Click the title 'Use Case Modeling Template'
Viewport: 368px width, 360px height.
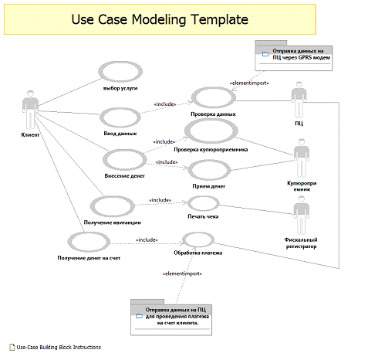tap(160, 18)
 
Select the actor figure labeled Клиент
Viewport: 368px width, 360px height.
tap(30, 110)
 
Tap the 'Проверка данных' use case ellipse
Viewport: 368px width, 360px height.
tap(214, 97)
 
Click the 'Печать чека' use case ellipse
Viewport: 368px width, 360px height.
tap(204, 203)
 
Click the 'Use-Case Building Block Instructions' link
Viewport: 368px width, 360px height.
tap(59, 347)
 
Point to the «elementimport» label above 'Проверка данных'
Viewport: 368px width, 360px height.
tap(248, 83)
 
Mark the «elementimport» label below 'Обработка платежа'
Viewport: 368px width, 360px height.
tap(181, 273)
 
